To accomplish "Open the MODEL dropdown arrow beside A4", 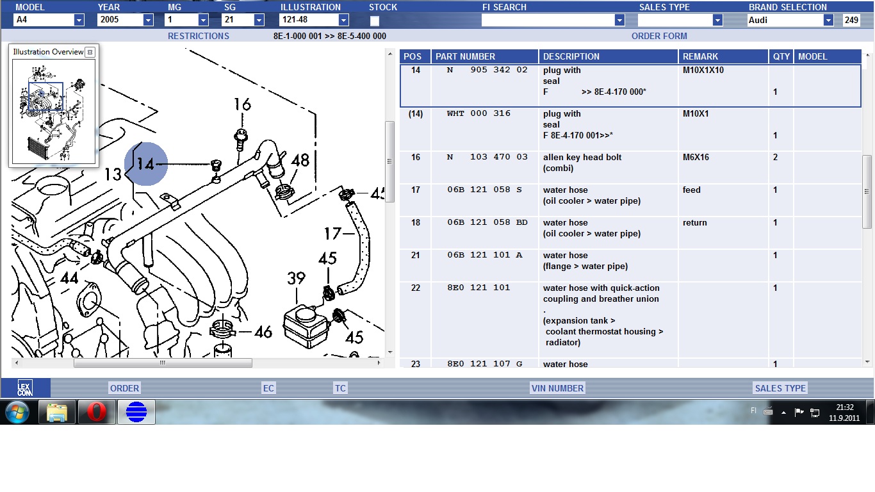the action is tap(79, 20).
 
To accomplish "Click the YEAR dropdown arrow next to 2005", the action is tap(148, 20).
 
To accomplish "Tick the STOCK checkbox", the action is tap(374, 20).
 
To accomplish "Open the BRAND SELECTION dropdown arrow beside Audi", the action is tap(828, 20).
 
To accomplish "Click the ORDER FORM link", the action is tap(659, 36).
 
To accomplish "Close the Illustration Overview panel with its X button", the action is tap(90, 52).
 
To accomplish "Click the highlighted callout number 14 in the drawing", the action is tap(145, 164).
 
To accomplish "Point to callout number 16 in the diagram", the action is tap(242, 104).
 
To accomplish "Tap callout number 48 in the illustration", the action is tap(300, 160).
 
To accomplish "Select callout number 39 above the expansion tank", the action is tap(296, 278).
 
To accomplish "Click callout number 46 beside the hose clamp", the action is tap(263, 332).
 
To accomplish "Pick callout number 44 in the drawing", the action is tap(69, 278).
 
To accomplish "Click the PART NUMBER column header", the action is tap(465, 56).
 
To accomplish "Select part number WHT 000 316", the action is tap(478, 113).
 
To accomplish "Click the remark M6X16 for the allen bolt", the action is tap(696, 157).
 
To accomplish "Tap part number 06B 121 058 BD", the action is tap(487, 222).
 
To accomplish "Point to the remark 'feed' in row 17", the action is tap(691, 190).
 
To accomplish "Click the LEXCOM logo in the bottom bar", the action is tap(25, 388).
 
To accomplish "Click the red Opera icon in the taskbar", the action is tap(97, 411).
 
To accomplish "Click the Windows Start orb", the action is tap(17, 412).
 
